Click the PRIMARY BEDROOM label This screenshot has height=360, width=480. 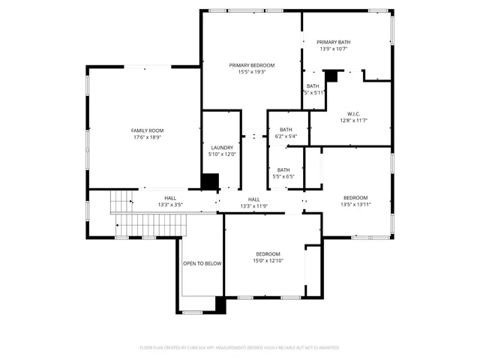252,65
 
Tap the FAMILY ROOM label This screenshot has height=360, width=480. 147,130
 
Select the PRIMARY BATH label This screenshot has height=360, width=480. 334,42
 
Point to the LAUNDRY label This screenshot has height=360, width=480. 222,148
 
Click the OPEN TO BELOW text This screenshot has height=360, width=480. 202,263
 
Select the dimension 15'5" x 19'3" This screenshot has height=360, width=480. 252,72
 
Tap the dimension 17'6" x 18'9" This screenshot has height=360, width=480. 147,137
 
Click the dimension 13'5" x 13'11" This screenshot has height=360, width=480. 356,204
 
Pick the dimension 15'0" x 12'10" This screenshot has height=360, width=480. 268,260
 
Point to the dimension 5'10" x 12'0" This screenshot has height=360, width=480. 222,154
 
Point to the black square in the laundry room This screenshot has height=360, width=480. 211,182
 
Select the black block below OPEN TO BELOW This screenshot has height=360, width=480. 220,304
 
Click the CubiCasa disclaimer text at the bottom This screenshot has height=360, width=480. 240,347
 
